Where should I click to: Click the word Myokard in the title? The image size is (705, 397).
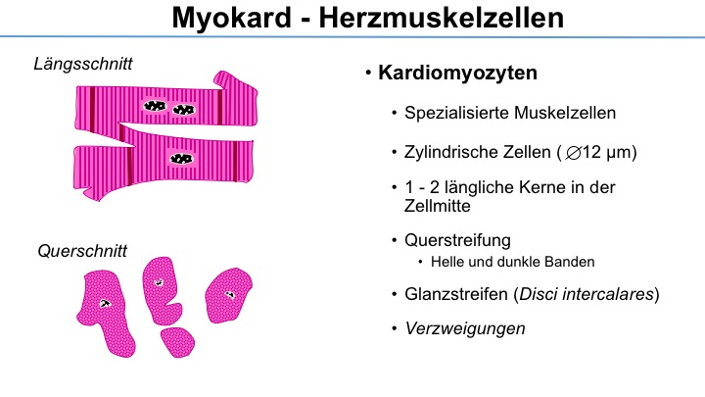pyautogui.click(x=232, y=18)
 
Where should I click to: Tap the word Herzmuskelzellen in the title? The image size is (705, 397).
pyautogui.click(x=442, y=18)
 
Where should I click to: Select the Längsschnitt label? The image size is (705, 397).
pyautogui.click(x=83, y=65)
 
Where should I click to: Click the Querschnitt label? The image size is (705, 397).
pyautogui.click(x=82, y=251)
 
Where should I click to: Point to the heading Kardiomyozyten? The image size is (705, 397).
pyautogui.click(x=457, y=73)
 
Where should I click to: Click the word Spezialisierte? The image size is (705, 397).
pyautogui.click(x=456, y=113)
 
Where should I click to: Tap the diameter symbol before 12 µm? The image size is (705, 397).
pyautogui.click(x=573, y=154)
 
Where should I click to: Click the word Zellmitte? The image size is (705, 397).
pyautogui.click(x=437, y=206)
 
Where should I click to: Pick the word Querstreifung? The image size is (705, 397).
pyautogui.click(x=457, y=240)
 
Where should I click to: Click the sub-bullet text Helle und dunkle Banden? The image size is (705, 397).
pyautogui.click(x=512, y=262)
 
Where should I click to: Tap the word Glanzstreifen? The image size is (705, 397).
pyautogui.click(x=456, y=294)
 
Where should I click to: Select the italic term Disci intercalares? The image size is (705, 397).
pyautogui.click(x=587, y=294)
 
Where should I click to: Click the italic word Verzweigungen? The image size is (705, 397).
pyautogui.click(x=465, y=328)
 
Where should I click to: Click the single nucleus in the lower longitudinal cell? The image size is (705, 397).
pyautogui.click(x=181, y=159)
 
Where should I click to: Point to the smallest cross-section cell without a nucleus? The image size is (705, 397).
pyautogui.click(x=177, y=342)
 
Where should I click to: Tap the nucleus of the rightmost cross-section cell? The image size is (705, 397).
pyautogui.click(x=230, y=295)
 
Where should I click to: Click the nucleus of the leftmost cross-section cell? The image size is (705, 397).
pyautogui.click(x=105, y=304)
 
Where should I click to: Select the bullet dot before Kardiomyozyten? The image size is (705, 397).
pyautogui.click(x=368, y=73)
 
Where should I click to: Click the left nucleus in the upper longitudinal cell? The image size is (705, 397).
pyautogui.click(x=155, y=106)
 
